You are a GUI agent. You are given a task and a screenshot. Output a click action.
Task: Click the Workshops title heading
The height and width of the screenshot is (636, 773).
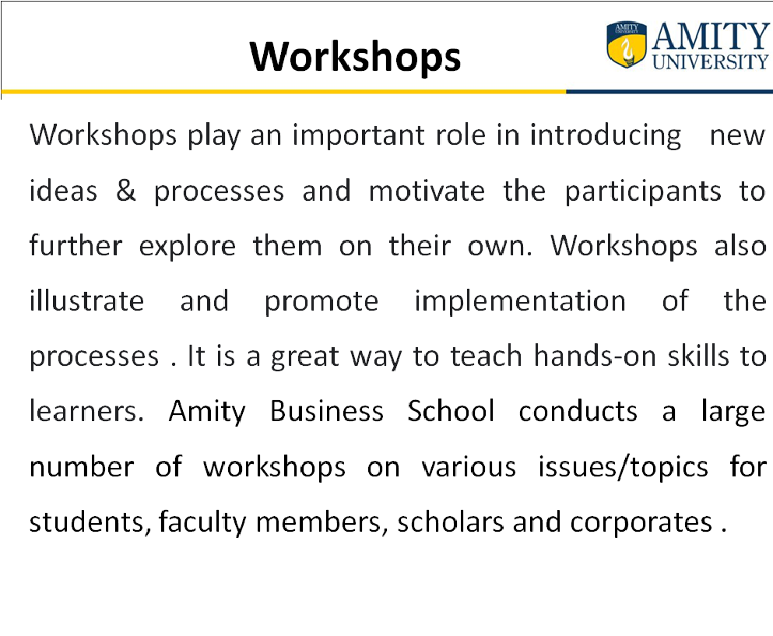pos(355,57)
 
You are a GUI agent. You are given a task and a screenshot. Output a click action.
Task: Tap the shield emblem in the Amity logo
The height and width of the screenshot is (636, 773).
pos(627,44)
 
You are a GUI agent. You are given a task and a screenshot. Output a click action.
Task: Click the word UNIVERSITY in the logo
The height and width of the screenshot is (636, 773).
pos(711,61)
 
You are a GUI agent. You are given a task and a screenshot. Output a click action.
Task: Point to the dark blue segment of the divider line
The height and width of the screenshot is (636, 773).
pos(669,92)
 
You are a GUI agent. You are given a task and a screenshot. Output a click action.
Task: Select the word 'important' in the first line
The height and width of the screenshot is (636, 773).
pos(358,135)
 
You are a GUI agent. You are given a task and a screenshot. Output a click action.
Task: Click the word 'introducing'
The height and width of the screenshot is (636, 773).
pos(606,135)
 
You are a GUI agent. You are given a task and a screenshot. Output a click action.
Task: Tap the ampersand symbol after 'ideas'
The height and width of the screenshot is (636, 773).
pos(125,190)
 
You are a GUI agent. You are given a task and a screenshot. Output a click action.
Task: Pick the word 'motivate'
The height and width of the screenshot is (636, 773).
pos(427,190)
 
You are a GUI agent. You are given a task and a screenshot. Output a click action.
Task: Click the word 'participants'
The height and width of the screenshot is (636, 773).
pos(643,192)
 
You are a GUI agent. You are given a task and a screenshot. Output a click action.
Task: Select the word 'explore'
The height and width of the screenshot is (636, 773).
pos(188,246)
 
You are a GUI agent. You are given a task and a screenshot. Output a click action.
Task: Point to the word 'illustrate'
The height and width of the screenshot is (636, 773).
pos(86,300)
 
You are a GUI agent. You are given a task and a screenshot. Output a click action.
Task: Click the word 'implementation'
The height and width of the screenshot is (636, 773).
pos(520,301)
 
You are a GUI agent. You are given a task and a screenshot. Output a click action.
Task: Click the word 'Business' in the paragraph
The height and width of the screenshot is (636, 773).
pos(327,411)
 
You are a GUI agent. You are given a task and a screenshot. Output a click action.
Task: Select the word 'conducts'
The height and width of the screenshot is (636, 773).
pos(578,411)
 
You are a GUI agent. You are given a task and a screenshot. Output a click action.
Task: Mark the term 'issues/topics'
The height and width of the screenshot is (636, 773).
pos(623,467)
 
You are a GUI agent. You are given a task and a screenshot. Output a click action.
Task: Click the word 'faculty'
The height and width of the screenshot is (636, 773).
pos(202,522)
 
